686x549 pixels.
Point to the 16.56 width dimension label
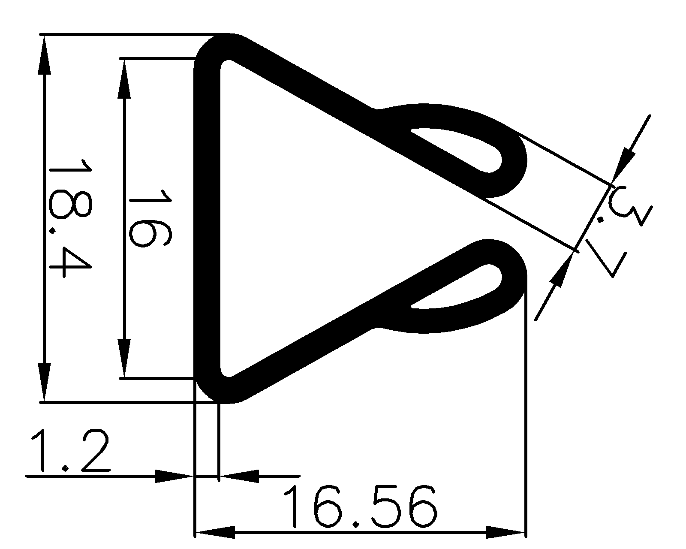(x=360, y=506)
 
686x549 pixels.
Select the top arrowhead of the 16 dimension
(x=124, y=79)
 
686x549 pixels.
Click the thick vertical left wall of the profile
(x=207, y=219)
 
